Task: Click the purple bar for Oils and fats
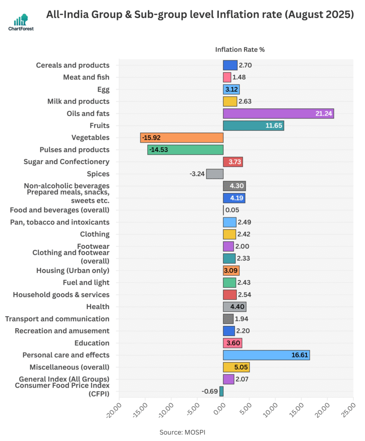point(278,114)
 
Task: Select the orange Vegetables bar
point(181,138)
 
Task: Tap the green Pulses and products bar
point(185,150)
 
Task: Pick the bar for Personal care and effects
point(266,355)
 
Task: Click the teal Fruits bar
point(253,126)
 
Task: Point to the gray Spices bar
point(215,174)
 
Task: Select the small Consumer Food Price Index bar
point(221,391)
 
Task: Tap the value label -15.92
point(152,138)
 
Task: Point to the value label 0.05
point(232,210)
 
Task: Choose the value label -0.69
point(209,391)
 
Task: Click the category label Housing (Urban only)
point(73,270)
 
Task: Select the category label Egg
point(103,90)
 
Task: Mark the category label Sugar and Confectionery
point(66,162)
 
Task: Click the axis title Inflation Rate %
point(240,50)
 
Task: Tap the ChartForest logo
point(21,22)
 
